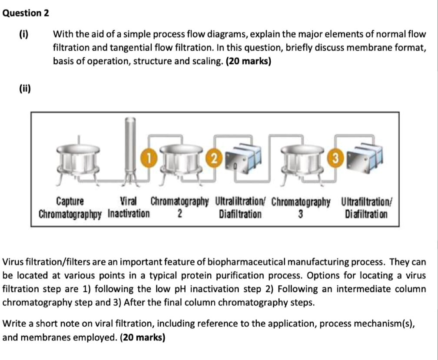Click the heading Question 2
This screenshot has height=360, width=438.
(26, 13)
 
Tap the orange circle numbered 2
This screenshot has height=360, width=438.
(213, 156)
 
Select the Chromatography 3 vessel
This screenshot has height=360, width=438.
(305, 161)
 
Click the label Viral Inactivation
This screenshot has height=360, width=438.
(129, 208)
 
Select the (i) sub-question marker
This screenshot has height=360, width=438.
(23, 34)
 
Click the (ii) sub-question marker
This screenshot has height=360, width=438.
(25, 89)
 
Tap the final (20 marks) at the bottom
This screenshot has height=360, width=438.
(142, 337)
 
